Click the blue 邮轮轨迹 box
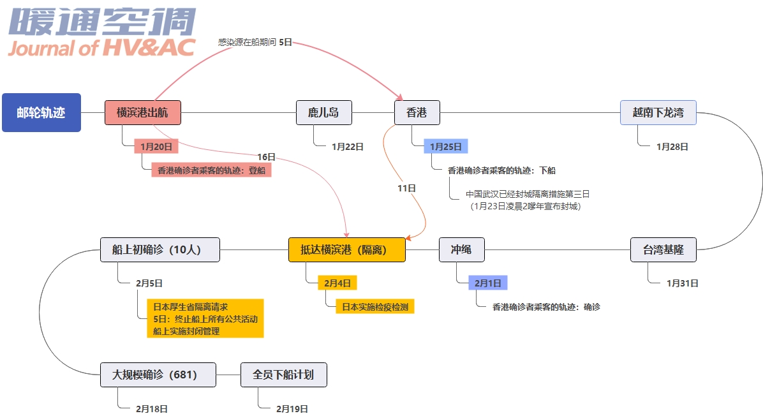point(41,112)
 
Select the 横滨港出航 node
point(142,112)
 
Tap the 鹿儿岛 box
point(323,113)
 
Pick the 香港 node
point(417,113)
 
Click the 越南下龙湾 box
point(658,113)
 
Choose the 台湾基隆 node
point(663,249)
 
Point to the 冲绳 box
point(461,249)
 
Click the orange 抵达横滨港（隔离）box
point(347,249)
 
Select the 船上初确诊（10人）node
point(159,249)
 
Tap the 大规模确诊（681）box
point(158,375)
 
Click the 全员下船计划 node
point(283,375)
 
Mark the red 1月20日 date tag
point(156,146)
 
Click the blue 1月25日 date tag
point(445,146)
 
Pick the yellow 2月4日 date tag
point(337,282)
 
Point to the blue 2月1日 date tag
point(488,282)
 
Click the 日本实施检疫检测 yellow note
point(376,306)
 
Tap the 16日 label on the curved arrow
point(267,157)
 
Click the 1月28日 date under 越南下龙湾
point(672,146)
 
